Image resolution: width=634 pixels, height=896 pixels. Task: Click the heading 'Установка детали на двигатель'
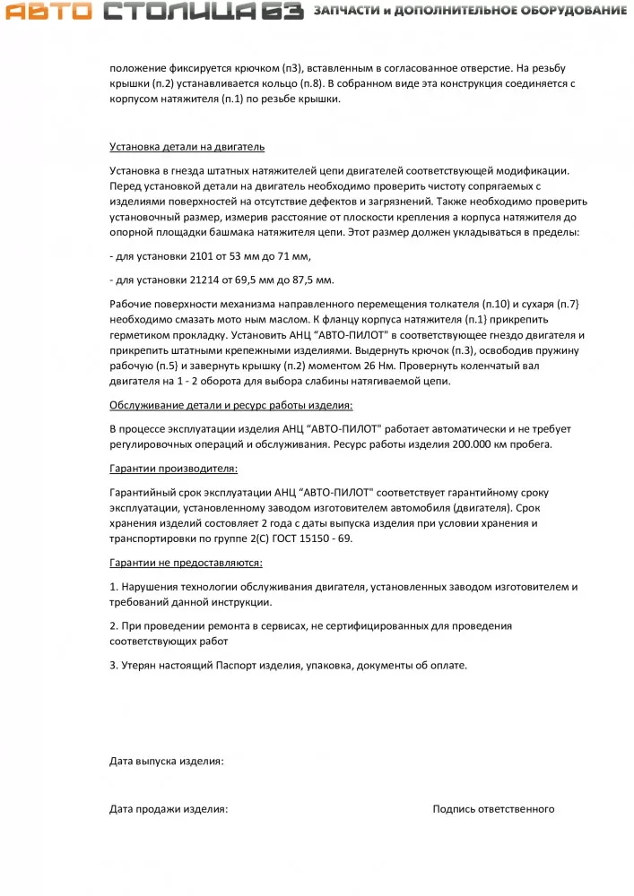(187, 147)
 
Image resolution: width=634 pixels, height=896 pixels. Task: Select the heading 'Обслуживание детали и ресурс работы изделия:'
(231, 405)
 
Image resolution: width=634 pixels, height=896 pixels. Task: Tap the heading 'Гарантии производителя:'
(173, 469)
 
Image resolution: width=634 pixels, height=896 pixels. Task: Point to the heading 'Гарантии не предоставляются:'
(186, 563)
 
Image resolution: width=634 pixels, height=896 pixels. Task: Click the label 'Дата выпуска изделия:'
(167, 762)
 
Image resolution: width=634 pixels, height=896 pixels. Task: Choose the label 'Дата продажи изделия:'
(169, 809)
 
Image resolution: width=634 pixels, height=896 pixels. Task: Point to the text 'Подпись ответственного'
(493, 809)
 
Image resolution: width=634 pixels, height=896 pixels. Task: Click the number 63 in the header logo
(283, 12)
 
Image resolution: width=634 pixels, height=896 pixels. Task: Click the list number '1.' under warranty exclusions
(114, 586)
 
